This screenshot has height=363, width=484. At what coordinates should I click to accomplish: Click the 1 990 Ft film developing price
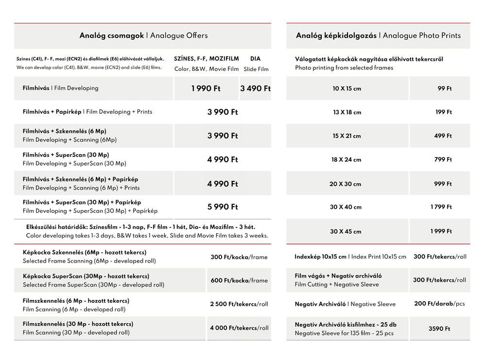coord(206,88)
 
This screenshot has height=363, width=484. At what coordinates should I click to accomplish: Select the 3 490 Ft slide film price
coord(255,88)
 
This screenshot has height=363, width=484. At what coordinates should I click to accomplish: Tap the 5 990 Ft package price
coord(223,207)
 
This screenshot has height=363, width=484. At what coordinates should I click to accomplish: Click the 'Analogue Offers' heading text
coord(179,35)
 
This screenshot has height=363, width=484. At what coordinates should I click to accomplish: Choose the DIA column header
coord(255,59)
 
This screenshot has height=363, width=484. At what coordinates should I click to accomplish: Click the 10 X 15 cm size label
coord(347,89)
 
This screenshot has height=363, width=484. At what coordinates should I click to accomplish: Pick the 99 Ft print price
coord(445,88)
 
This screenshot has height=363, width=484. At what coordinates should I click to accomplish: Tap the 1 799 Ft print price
coord(441,207)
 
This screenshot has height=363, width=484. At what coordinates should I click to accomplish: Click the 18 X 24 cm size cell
coord(346,160)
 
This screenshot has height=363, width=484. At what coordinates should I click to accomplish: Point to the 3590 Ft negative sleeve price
coord(439,329)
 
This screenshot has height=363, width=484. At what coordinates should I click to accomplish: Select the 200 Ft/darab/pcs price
coord(439,304)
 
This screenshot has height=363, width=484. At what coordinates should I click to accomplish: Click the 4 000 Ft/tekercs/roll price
coord(239,328)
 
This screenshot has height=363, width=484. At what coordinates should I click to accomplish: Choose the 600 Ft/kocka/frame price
coord(239,280)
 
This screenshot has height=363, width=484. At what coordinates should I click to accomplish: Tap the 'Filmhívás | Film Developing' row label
coord(60,88)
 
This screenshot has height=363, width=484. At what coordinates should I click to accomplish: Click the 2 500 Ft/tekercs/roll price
coord(239,304)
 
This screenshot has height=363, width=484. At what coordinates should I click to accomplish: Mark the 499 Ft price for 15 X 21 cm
coord(443,136)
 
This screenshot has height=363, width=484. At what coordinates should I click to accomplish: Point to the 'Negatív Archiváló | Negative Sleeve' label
coord(345,304)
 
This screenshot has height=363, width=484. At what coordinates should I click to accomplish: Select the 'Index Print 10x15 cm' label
coord(379,257)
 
